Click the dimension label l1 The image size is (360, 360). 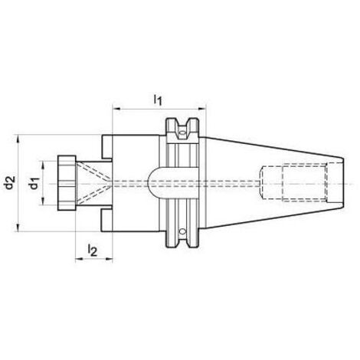[x=158, y=98]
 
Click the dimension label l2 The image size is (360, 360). [x=93, y=248]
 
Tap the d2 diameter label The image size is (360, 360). [x=9, y=183]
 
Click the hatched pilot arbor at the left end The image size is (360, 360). [x=67, y=183]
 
